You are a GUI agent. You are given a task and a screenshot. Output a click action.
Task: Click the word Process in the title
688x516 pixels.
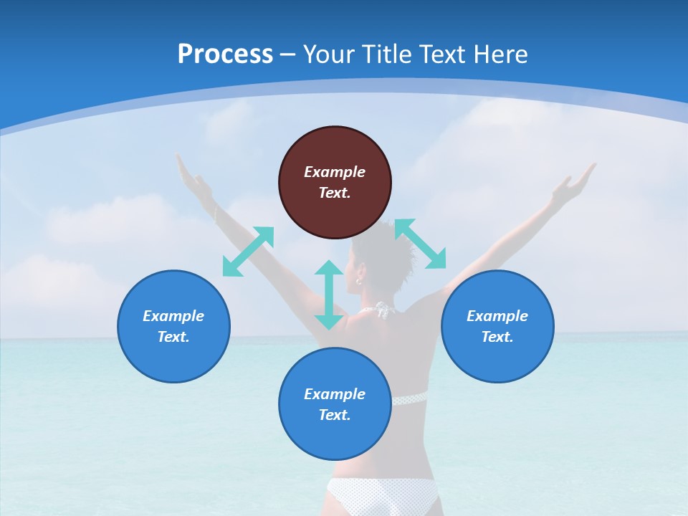(x=225, y=54)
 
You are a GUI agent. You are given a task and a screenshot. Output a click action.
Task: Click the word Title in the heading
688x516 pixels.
(x=388, y=54)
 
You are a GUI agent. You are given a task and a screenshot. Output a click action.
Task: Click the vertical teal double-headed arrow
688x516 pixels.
(x=329, y=295)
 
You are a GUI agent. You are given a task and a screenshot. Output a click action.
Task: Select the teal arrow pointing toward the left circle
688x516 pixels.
(x=248, y=252)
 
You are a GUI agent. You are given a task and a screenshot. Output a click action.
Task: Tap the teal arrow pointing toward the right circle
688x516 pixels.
(x=420, y=244)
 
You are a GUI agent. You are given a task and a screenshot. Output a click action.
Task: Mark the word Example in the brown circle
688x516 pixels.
(x=335, y=172)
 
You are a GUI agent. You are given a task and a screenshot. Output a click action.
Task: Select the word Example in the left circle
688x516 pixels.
(x=173, y=316)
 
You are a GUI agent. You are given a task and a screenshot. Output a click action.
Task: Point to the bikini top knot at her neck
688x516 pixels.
(x=384, y=310)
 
